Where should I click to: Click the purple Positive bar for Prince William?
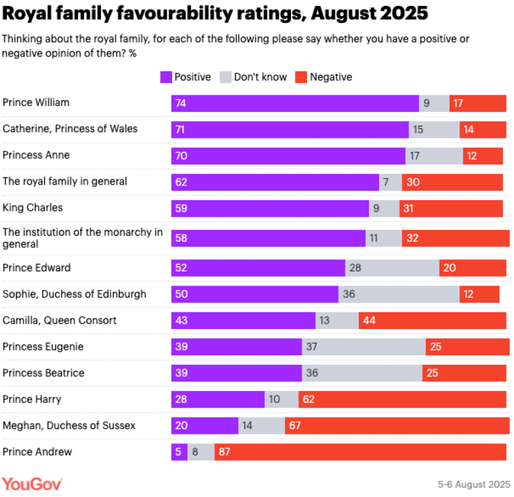tap(295, 103)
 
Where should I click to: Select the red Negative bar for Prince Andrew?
tap(360, 452)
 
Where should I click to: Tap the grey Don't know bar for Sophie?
tap(398, 294)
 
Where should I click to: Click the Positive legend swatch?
tap(165, 77)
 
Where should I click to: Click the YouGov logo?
tap(32, 484)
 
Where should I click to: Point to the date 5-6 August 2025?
tap(473, 484)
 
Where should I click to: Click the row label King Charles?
tap(32, 208)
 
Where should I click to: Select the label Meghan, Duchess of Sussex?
tap(69, 425)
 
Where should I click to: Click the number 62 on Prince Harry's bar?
tap(310, 400)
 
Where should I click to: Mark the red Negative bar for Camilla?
tap(432, 320)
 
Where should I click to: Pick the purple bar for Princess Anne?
tap(288, 155)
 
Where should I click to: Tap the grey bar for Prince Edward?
tap(392, 268)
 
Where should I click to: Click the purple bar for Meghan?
tap(205, 426)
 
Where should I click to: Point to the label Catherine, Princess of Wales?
tap(70, 128)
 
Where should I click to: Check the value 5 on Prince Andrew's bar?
tap(178, 452)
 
